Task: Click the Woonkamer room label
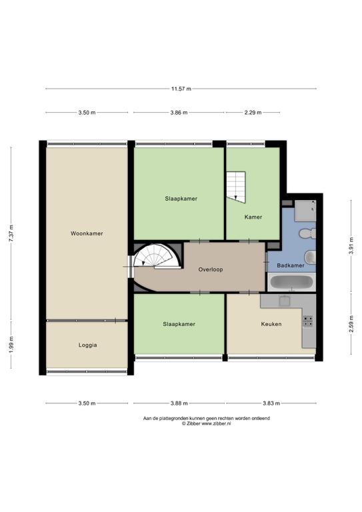point(87,233)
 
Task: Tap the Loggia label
point(87,345)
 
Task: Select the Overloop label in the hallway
point(211,269)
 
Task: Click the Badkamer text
point(291,265)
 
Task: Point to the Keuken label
point(271,324)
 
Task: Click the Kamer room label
point(253,217)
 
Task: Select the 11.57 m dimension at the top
point(181,89)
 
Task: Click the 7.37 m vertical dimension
point(11,233)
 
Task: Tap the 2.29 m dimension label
point(253,113)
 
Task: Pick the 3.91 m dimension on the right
point(351,245)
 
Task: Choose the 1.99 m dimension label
point(11,345)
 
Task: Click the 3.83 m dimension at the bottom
point(271,403)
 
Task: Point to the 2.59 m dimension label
point(351,324)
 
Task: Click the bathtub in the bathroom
point(291,282)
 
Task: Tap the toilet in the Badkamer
point(307,233)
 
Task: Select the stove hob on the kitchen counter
point(308,321)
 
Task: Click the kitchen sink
point(285,301)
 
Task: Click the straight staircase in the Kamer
point(236,187)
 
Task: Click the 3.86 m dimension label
point(179,113)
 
